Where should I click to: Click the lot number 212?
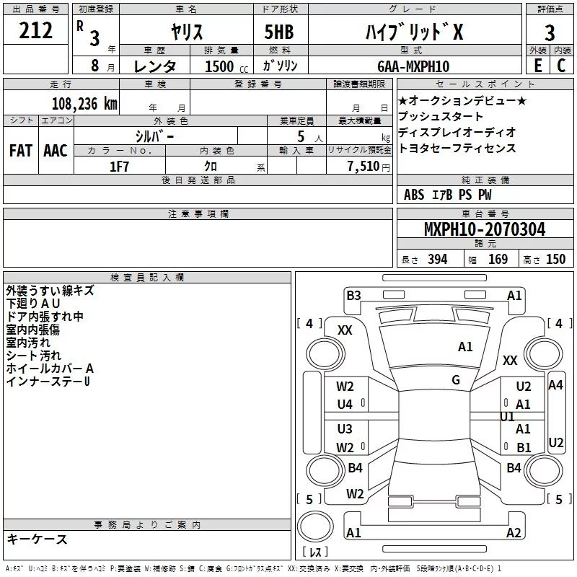(37, 31)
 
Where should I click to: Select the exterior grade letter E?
(537, 66)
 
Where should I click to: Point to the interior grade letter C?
(561, 66)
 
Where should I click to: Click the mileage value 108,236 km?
(85, 103)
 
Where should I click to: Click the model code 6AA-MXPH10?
(413, 66)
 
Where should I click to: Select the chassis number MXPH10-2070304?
(485, 230)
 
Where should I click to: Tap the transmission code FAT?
(21, 151)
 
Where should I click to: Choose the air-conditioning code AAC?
(56, 151)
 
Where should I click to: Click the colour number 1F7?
(119, 166)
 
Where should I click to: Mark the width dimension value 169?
(498, 260)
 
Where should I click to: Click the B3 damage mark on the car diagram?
(353, 295)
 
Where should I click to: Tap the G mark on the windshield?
(456, 380)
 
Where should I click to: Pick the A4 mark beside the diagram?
(555, 385)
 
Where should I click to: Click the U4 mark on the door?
(345, 405)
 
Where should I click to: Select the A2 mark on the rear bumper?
(514, 533)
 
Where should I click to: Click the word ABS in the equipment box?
(414, 195)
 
